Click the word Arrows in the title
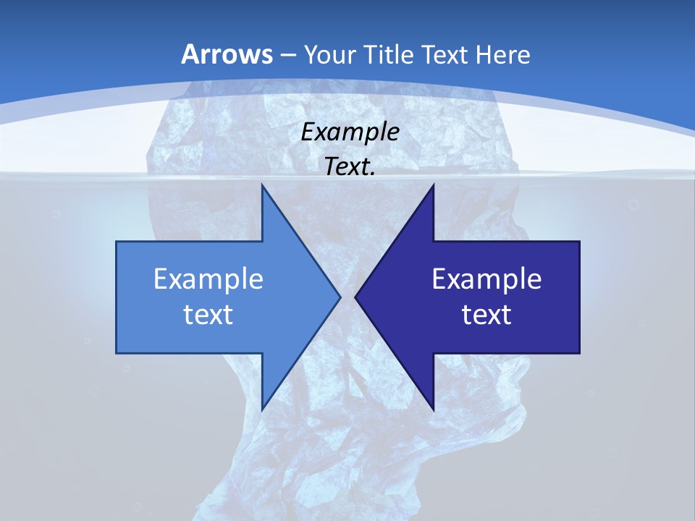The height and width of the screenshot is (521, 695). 227,54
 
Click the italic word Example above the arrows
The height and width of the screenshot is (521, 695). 350,132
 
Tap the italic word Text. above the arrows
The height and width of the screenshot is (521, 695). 350,166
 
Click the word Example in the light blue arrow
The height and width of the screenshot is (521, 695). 208,279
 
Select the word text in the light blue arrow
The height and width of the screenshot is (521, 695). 208,314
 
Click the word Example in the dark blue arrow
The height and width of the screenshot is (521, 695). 486,279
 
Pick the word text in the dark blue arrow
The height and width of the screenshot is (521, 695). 486,314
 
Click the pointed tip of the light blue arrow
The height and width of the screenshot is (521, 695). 340,297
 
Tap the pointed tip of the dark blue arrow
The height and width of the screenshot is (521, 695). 355,297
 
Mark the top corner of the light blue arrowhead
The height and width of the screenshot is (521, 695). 262,185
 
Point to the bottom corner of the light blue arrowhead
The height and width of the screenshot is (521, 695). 262,410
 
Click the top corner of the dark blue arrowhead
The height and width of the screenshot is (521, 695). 433,185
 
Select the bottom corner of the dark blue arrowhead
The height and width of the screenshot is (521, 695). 433,410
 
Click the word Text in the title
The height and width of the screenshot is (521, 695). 447,54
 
